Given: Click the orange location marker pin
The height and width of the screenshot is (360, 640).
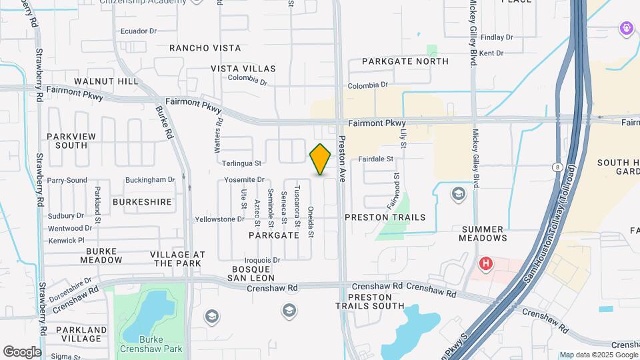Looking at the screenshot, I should click(321, 159).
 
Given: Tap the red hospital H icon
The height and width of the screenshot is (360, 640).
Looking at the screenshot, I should click(486, 263).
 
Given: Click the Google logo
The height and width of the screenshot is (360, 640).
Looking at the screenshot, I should click(22, 352).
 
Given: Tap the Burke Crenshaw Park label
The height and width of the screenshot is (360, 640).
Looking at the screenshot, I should click(151, 344).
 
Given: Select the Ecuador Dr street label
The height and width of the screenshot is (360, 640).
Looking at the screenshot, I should click(138, 31).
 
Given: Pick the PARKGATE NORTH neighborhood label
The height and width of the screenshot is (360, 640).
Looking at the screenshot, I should click(405, 61).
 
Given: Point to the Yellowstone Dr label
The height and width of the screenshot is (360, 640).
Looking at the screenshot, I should click(219, 219).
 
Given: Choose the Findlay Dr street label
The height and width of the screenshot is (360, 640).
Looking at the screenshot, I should click(496, 37).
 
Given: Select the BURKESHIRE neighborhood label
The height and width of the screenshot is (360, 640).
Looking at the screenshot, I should click(142, 201).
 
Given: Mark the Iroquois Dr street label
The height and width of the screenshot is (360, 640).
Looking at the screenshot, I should click(263, 260).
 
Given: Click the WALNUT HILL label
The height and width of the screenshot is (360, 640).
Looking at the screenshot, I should click(107, 81).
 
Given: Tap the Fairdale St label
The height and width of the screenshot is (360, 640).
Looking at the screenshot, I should click(376, 159).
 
